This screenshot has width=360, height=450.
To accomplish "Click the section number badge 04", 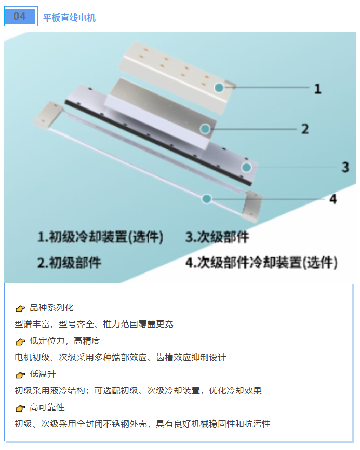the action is (x=20, y=16).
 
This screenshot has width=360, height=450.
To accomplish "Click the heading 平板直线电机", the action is (x=69, y=18).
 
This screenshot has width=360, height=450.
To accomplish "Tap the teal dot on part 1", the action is (x=219, y=88).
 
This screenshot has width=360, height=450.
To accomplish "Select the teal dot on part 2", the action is (x=205, y=129).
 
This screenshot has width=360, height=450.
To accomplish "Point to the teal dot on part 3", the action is (x=246, y=167).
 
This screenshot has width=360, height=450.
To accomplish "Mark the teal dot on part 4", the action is (x=207, y=199).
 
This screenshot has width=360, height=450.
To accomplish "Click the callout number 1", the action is (x=317, y=89).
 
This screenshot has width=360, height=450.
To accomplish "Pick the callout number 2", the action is (x=305, y=129).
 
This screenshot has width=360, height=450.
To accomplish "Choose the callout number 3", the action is (x=345, y=167).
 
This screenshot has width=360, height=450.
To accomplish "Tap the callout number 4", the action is (x=332, y=199).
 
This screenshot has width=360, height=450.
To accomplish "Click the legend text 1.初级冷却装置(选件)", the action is (x=101, y=237).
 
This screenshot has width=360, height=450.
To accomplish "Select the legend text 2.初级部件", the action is (x=69, y=263).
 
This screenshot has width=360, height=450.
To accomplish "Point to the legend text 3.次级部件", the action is (x=217, y=237).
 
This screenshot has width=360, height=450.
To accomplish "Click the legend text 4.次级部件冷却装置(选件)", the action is (x=261, y=263).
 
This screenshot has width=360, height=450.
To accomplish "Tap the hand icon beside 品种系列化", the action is (x=20, y=308).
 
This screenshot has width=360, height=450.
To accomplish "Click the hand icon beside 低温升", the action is (x=20, y=375).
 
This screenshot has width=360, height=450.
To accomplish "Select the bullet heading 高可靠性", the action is (x=47, y=407).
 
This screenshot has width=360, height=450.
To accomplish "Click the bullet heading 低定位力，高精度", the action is (x=64, y=340).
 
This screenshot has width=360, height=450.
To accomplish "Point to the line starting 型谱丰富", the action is (x=94, y=324).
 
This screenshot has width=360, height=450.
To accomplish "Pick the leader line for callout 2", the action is (x=253, y=129).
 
